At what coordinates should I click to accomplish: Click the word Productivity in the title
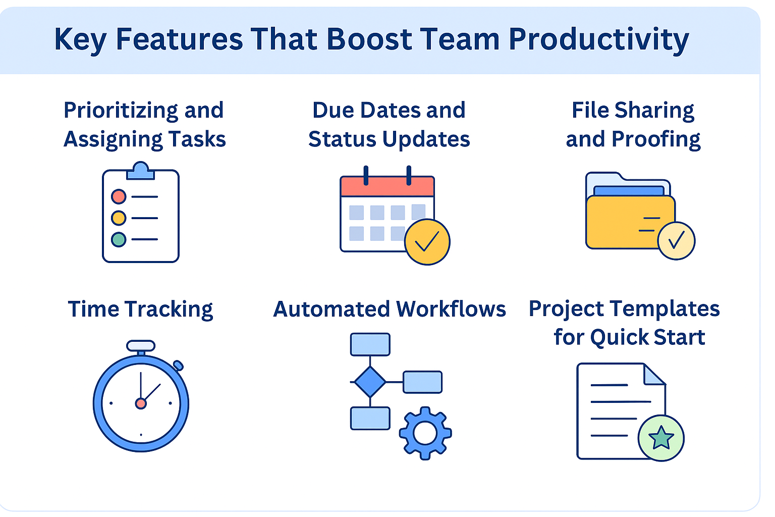(598, 40)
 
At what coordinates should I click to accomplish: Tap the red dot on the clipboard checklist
(119, 196)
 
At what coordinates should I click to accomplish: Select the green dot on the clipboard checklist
(119, 239)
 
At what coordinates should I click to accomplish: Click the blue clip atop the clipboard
(140, 170)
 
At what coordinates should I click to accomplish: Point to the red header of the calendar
(387, 187)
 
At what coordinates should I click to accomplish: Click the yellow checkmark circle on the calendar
(427, 242)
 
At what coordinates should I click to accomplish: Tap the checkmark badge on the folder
(677, 241)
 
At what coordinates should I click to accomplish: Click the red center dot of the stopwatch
(141, 403)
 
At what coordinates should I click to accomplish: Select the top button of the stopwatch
(141, 345)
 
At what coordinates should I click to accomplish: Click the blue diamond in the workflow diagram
(370, 382)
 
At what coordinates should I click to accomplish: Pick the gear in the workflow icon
(425, 433)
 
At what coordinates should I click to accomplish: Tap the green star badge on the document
(661, 438)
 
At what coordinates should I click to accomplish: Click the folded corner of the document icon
(653, 375)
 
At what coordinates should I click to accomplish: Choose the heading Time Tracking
(140, 309)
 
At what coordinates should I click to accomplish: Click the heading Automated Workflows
(390, 309)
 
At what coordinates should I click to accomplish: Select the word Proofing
(656, 140)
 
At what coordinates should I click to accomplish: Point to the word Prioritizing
(121, 111)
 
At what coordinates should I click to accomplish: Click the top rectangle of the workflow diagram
(370, 344)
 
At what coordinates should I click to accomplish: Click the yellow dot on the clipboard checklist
(119, 218)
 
